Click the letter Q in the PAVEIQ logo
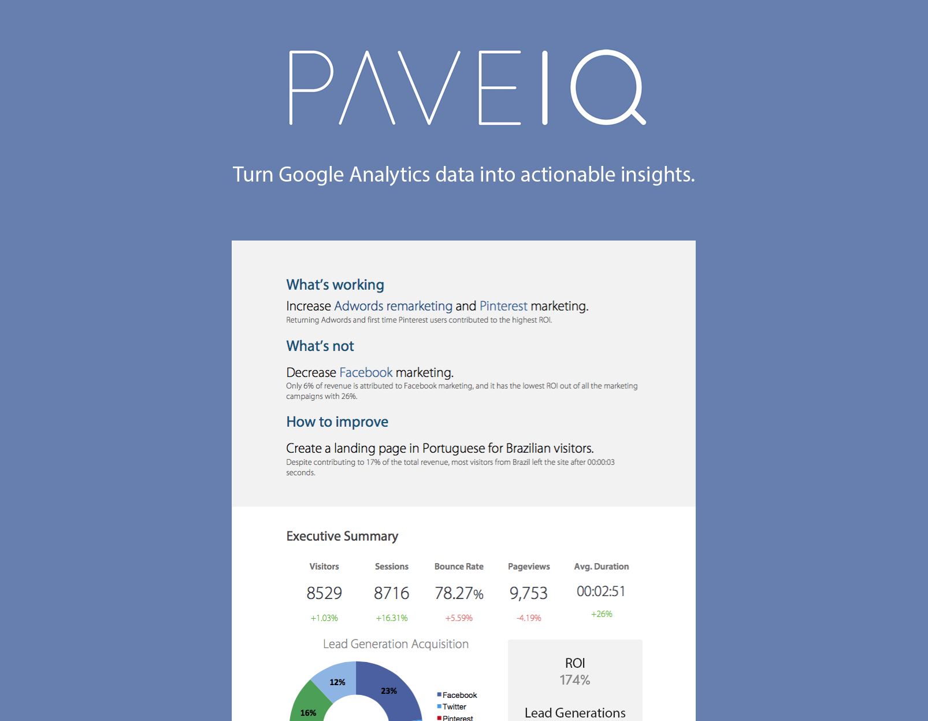click(x=607, y=87)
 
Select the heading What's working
click(x=335, y=284)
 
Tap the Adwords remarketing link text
click(x=393, y=306)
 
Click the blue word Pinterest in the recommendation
click(x=503, y=306)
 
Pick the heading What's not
click(x=320, y=346)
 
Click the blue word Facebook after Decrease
click(x=366, y=372)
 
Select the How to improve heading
click(x=337, y=421)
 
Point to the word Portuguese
click(x=454, y=448)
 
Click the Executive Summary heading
click(x=342, y=536)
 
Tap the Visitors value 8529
click(x=324, y=593)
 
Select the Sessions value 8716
click(x=391, y=593)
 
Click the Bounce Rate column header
click(x=459, y=567)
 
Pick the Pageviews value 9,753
click(x=528, y=593)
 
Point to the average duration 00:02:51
click(x=601, y=591)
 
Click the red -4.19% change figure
click(x=529, y=618)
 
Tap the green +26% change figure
click(x=602, y=614)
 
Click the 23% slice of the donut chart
click(x=388, y=690)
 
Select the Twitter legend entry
click(x=454, y=707)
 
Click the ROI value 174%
click(x=575, y=680)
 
